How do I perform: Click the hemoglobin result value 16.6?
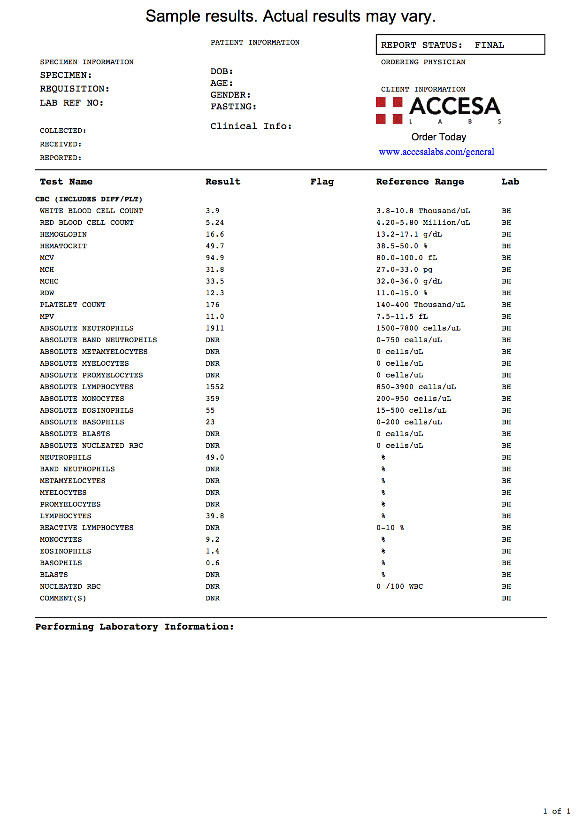pos(214,234)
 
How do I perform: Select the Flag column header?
pos(322,182)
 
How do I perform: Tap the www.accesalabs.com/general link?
pos(436,152)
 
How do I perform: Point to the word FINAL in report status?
pos(489,45)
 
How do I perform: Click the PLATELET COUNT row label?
pos(72,305)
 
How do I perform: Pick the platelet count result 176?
pos(212,305)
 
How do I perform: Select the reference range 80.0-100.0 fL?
pos(406,258)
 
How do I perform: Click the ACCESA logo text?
pos(454,106)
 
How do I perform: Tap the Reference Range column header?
pos(420,182)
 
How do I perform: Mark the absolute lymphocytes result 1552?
pos(214,387)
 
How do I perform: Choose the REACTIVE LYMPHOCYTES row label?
pos(86,528)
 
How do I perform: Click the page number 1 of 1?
pos(557,811)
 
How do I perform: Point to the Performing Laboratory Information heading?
pos(134,627)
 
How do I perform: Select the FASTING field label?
pos(233,107)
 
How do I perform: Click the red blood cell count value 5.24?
pos(214,223)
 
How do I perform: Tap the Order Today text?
pos(438,137)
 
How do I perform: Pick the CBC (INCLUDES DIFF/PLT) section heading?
pos(89,199)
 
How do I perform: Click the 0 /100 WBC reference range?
pos(399,586)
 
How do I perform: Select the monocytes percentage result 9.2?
pos(212,539)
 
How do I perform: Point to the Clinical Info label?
pos(251,126)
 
